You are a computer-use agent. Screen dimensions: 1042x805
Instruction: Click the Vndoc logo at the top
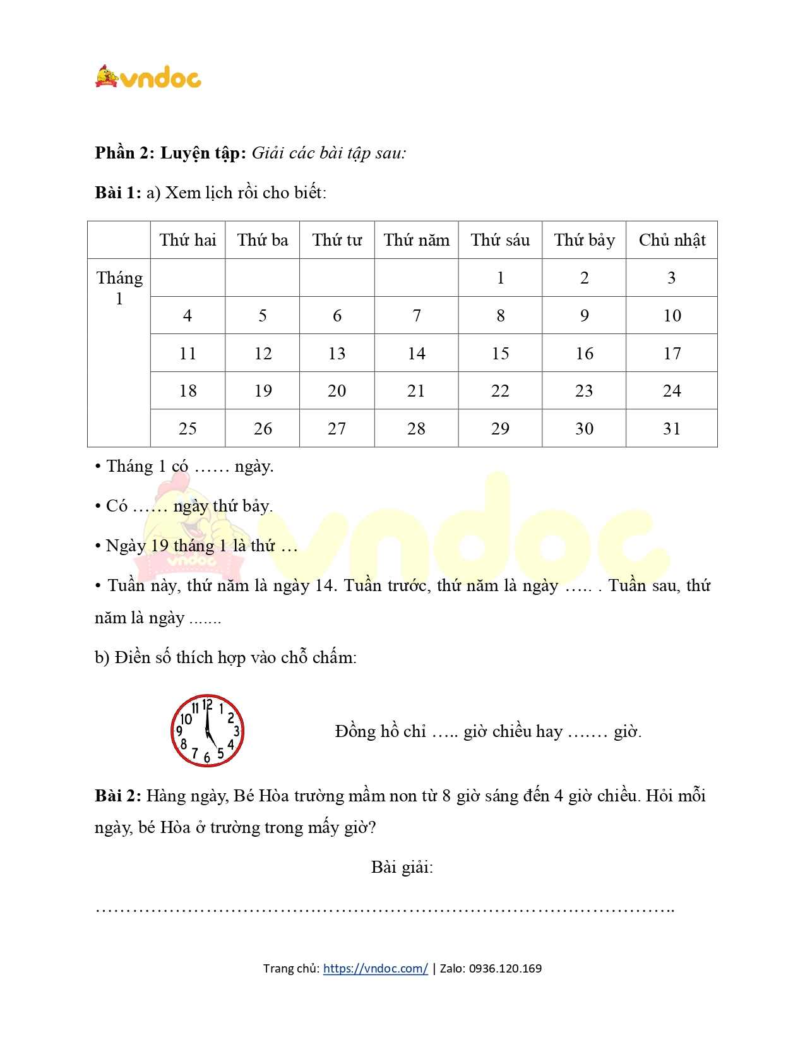(148, 77)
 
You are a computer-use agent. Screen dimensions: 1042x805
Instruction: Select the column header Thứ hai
(188, 240)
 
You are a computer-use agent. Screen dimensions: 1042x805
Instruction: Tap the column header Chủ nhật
(672, 240)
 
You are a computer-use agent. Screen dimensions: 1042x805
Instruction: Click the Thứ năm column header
(417, 240)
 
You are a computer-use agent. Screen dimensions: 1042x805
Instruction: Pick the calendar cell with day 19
(263, 391)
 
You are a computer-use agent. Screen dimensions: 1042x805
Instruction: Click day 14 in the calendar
(417, 353)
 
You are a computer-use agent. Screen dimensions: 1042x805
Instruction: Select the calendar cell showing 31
(672, 429)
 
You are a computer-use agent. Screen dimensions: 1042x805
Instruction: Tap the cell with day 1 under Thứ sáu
(500, 278)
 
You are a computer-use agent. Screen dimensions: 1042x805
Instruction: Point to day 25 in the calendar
(188, 429)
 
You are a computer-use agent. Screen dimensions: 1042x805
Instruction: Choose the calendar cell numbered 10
(672, 316)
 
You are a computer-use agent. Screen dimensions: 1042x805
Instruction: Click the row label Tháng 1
(119, 288)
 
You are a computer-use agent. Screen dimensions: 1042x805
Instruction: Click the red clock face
(207, 731)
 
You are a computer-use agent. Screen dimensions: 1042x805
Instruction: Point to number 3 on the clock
(236, 731)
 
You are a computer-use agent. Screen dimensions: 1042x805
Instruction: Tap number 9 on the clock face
(179, 731)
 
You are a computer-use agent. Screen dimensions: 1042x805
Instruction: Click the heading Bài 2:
(118, 796)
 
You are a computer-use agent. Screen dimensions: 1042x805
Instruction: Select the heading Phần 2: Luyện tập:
(170, 153)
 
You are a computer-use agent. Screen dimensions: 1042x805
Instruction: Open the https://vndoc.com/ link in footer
(375, 968)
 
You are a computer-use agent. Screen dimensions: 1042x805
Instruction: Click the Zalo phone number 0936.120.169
(505, 968)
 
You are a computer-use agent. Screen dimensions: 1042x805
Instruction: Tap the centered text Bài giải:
(402, 867)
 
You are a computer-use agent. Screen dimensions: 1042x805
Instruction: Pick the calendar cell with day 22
(500, 391)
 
